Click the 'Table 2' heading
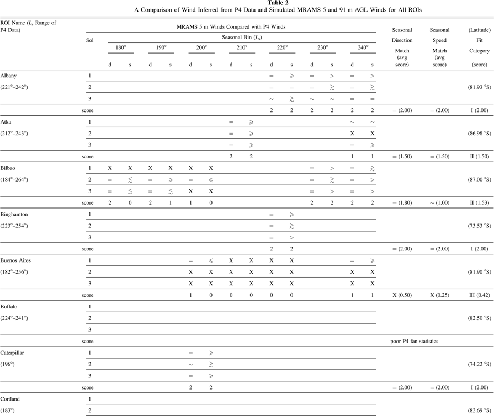[x=247, y=3]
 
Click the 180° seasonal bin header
[x=120, y=48]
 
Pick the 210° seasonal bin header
[x=241, y=48]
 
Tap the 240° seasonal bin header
[x=361, y=48]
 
